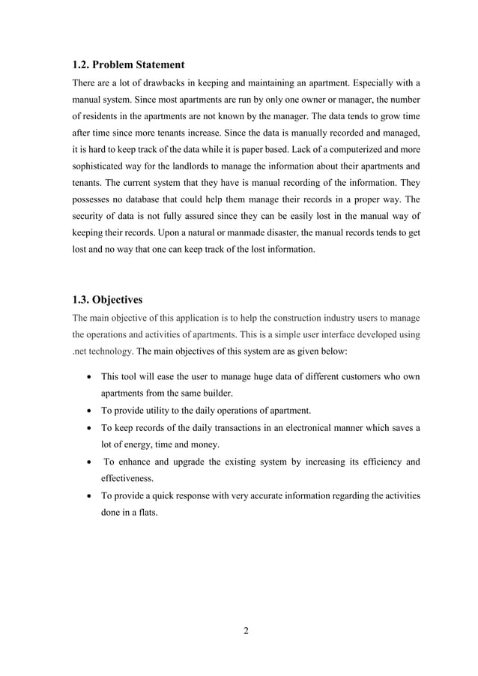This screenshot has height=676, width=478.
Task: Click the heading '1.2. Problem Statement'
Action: click(128, 64)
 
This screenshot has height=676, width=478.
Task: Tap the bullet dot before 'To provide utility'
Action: click(90, 410)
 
